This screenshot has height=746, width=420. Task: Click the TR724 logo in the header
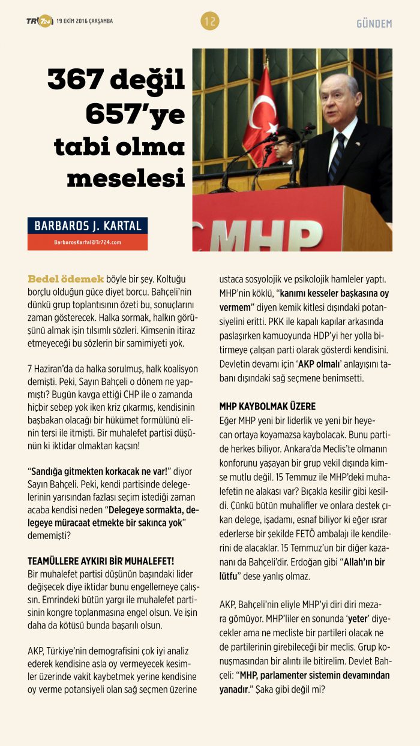point(40,22)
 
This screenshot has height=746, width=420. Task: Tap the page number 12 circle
point(210,22)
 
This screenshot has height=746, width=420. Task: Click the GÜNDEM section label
point(374,23)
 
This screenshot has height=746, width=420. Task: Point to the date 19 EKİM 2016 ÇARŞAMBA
point(85,22)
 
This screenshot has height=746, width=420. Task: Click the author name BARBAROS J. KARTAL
point(88,226)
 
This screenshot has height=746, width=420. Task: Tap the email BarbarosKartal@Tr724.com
point(88,242)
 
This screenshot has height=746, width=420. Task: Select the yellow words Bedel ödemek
point(66,279)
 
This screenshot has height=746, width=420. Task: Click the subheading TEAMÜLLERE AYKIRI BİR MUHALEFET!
point(101,561)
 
